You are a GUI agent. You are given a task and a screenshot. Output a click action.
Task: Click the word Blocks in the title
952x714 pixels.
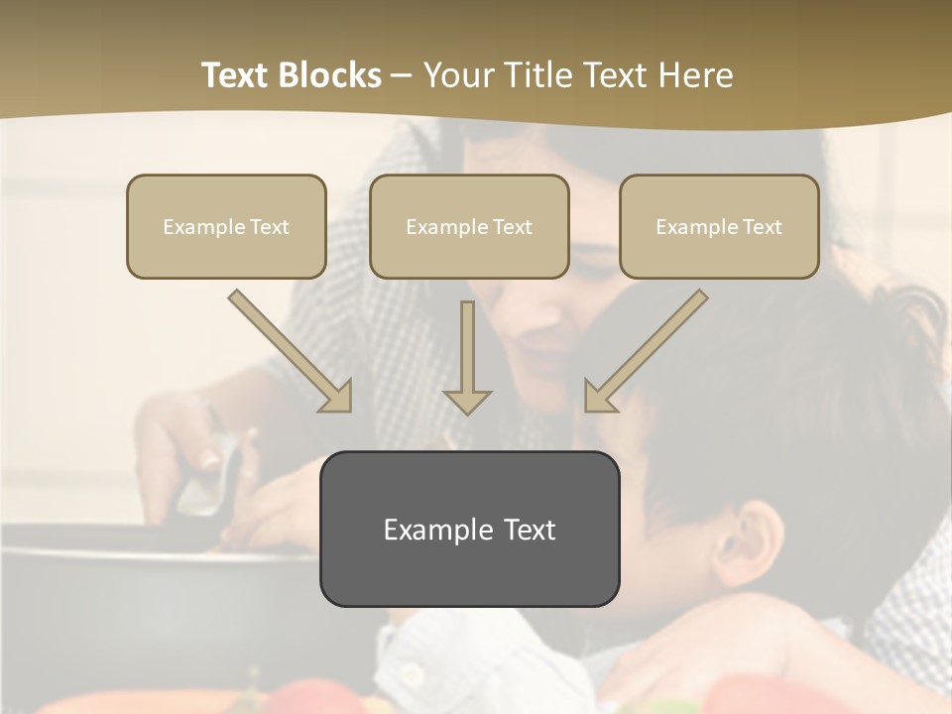(x=330, y=75)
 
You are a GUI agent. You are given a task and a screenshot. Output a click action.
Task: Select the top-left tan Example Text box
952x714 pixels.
(x=226, y=226)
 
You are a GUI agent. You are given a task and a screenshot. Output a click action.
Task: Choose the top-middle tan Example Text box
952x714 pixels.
(x=469, y=226)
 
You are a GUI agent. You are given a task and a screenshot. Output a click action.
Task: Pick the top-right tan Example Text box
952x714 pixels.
(x=719, y=226)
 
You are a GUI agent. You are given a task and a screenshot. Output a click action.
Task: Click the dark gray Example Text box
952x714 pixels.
(x=469, y=529)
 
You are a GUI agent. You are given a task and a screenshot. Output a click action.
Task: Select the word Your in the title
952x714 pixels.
(x=455, y=75)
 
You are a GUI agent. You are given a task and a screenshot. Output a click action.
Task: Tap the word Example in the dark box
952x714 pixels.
(x=428, y=530)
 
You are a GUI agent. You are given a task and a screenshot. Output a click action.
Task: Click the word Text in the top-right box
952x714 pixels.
(x=762, y=227)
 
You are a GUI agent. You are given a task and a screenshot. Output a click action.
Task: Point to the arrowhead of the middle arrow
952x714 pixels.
(x=467, y=401)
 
